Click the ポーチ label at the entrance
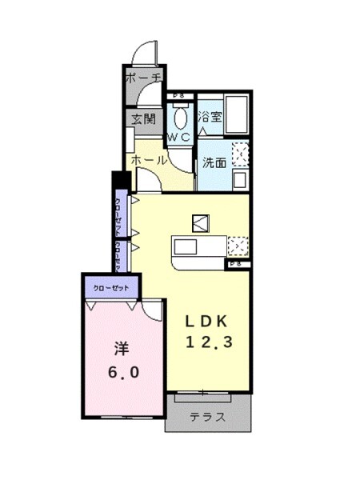pyautogui.click(x=143, y=78)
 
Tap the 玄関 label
pyautogui.click(x=144, y=119)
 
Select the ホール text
pyautogui.click(x=149, y=159)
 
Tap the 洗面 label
pyautogui.click(x=213, y=162)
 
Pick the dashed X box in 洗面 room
pyautogui.click(x=239, y=152)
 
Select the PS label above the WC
pyautogui.click(x=177, y=96)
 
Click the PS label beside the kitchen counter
pyautogui.click(x=237, y=263)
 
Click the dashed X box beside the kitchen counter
pyautogui.click(x=238, y=245)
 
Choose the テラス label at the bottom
pyautogui.click(x=207, y=417)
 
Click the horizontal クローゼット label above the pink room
pyautogui.click(x=111, y=286)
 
